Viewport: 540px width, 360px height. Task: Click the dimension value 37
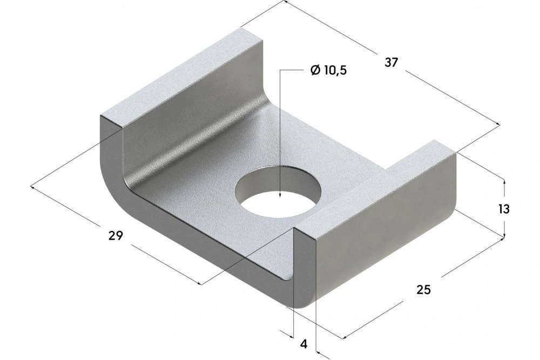coord(391,62)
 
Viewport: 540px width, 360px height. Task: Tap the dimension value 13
coord(504,209)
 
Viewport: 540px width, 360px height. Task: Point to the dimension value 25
coord(424,290)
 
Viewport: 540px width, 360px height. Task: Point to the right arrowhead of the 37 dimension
coord(498,127)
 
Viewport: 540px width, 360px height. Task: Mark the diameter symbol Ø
coord(315,70)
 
